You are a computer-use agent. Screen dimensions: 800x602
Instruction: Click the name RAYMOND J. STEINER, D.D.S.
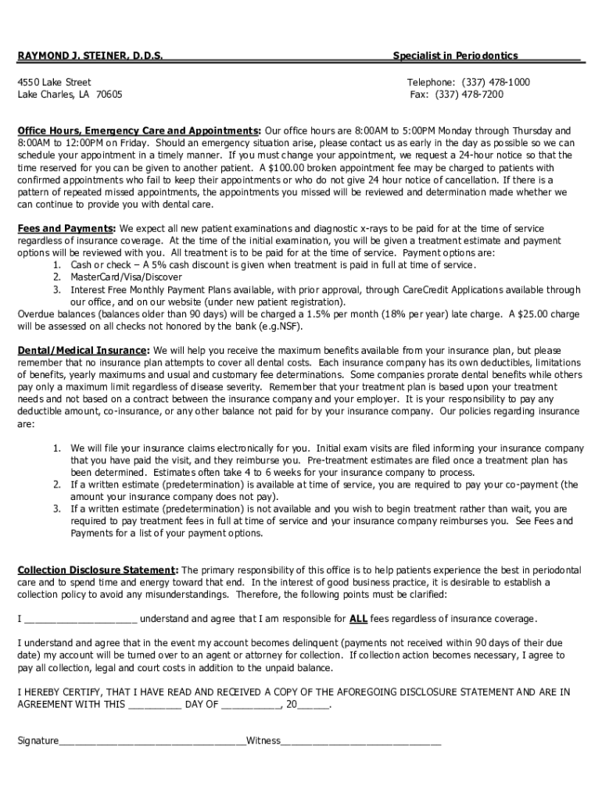point(91,56)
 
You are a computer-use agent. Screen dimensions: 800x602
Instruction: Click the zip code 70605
point(109,95)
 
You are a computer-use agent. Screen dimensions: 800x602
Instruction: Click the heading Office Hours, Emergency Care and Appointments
point(139,130)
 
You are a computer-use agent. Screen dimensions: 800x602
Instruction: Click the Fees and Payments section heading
point(66,228)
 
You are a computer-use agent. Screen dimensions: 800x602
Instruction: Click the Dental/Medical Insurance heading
point(83,350)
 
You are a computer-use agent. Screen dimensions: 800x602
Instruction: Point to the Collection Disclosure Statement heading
point(99,570)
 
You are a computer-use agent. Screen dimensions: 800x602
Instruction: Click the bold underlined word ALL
point(358,619)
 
